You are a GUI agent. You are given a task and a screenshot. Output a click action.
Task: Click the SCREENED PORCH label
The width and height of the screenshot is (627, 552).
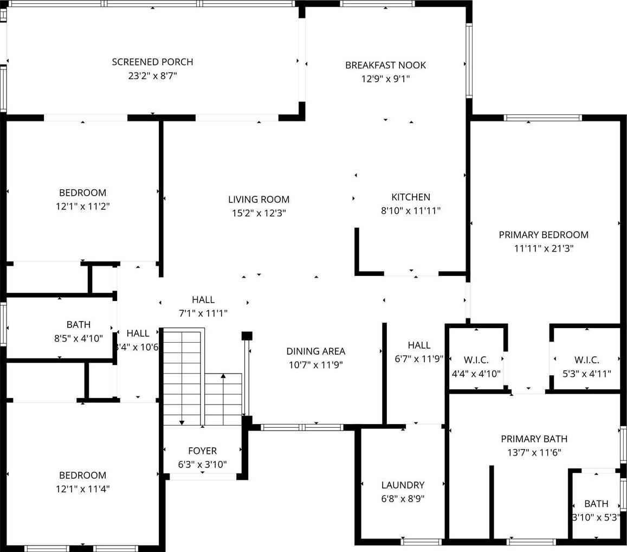[x=152, y=62]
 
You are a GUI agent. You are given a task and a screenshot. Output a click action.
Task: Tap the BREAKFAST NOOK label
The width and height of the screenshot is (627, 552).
[x=385, y=65]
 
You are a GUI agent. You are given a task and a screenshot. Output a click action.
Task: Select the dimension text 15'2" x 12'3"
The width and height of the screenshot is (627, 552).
[x=258, y=213]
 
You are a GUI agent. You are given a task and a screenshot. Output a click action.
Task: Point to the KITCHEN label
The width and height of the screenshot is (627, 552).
[x=411, y=197]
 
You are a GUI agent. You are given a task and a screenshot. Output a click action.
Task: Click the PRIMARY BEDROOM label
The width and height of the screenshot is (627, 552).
[x=544, y=235]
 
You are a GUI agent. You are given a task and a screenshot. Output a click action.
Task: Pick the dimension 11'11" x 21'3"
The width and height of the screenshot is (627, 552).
[x=544, y=248]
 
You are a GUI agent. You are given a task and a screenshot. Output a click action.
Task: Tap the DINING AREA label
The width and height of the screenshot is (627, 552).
[x=315, y=351]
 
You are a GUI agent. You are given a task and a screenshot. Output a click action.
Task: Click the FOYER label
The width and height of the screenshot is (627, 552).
[x=202, y=451]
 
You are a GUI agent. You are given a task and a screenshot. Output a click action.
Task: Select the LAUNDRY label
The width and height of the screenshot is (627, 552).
[x=403, y=485]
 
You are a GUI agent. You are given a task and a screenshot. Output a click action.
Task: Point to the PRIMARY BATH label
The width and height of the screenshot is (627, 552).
[x=534, y=439]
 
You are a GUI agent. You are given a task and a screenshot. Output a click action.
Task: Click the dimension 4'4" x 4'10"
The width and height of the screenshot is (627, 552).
[x=476, y=374]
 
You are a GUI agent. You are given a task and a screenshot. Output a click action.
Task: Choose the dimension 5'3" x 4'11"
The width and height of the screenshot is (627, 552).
[x=586, y=374]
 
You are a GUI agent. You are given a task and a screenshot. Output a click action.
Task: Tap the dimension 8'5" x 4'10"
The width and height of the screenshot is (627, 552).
[x=79, y=339]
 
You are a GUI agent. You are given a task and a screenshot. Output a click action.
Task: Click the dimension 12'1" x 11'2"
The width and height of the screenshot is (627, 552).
[x=82, y=207]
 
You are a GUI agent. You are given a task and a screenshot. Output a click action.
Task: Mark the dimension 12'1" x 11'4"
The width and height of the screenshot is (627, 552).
[x=82, y=489]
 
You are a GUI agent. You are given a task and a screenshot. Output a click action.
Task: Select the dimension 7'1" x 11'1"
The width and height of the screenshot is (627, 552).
[x=203, y=313]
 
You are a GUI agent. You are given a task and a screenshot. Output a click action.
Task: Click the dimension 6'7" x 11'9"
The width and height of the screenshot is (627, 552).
[x=419, y=359]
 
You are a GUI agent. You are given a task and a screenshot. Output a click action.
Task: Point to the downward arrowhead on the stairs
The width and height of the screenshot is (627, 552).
[x=182, y=422]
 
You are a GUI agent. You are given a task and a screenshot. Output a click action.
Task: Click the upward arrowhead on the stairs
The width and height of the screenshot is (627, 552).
[x=223, y=376]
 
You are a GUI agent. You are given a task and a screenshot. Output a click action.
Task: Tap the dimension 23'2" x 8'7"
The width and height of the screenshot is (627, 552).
[x=152, y=75]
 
